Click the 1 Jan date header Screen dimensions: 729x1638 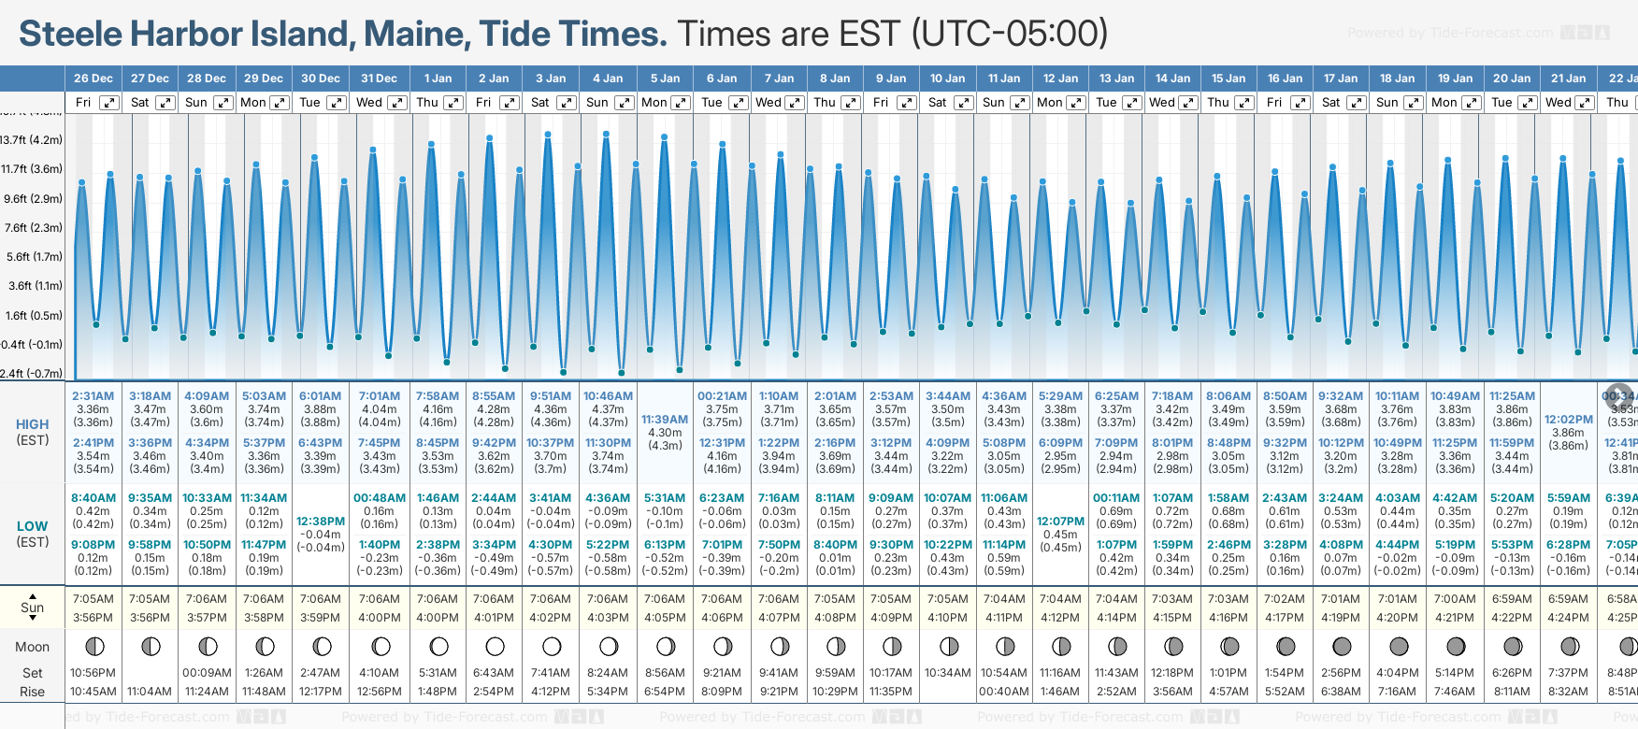(x=438, y=79)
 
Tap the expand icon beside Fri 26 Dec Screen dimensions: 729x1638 (x=109, y=103)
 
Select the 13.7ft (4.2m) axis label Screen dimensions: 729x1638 (x=32, y=140)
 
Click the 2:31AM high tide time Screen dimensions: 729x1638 (x=93, y=396)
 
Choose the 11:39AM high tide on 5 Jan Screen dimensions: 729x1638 (x=665, y=420)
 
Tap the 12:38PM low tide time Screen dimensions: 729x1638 (x=321, y=522)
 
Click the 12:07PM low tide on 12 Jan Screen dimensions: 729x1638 (x=1060, y=522)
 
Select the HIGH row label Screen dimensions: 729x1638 (x=32, y=424)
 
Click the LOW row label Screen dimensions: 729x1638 (x=32, y=526)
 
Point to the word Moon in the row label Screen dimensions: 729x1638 (x=32, y=647)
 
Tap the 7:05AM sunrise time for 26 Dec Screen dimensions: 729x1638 (x=93, y=599)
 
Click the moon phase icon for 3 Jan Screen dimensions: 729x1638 (x=552, y=647)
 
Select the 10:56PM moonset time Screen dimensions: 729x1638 (x=93, y=673)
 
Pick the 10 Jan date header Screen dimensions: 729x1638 (x=947, y=79)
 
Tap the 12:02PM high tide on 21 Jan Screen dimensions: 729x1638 (x=1568, y=420)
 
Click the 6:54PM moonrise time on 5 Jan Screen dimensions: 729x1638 (x=665, y=692)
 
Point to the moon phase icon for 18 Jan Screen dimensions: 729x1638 (x=1399, y=647)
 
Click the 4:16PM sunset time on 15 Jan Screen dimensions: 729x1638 (x=1228, y=618)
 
